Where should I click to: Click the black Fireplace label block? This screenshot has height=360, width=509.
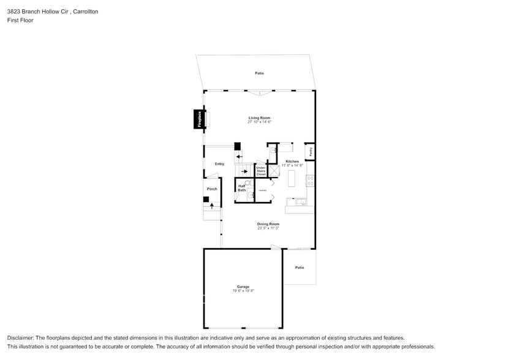[x=199, y=119]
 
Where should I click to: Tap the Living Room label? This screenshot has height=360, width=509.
[x=259, y=118]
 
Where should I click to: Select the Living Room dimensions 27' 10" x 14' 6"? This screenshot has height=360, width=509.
[x=259, y=122]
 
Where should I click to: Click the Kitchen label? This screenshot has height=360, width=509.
[x=292, y=161]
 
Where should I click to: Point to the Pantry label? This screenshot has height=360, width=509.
[x=311, y=151]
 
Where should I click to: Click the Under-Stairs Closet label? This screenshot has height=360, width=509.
[x=261, y=171]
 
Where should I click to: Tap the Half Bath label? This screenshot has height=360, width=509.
[x=241, y=188]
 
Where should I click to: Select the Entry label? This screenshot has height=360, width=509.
[x=219, y=163]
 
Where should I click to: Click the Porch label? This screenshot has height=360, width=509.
[x=212, y=189]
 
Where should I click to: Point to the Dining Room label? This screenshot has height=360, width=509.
[x=268, y=224]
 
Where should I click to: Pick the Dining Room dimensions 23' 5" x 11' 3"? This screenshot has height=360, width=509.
[x=268, y=228]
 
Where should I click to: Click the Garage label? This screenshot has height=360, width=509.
[x=243, y=287]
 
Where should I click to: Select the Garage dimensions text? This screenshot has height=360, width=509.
[x=243, y=291]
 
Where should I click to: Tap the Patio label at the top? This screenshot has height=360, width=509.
[x=259, y=73]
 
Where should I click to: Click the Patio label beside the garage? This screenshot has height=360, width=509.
[x=300, y=267]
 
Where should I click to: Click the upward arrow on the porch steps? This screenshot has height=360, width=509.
[x=213, y=206]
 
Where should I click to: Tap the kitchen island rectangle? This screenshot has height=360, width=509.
[x=292, y=179]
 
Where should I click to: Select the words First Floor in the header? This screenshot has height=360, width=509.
[x=20, y=20]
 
